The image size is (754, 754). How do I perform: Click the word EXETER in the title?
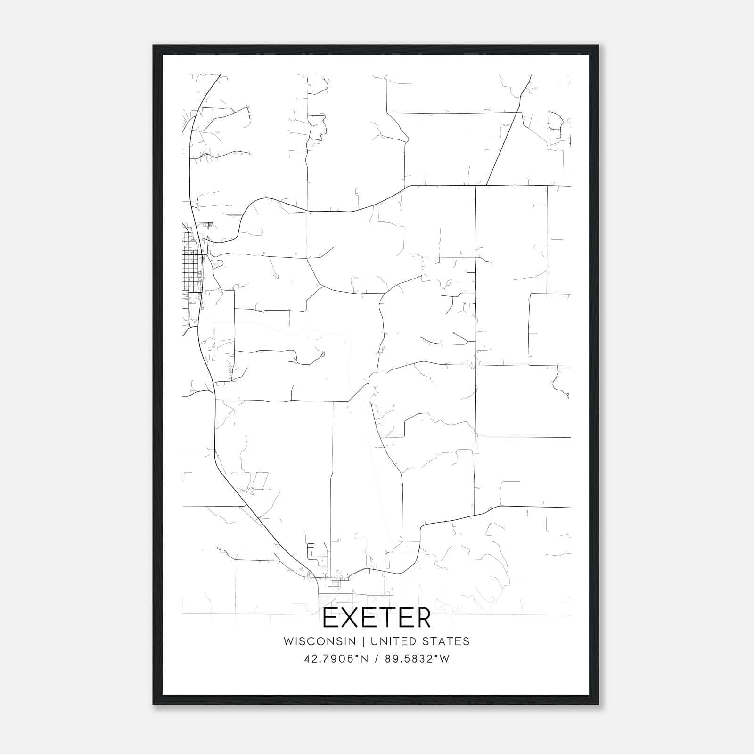pos(377,618)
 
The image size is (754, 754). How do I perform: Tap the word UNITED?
pos(393,641)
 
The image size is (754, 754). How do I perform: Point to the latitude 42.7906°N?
pos(335,659)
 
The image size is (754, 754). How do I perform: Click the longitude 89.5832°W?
pos(418,659)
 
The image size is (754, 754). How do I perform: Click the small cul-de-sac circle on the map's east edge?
pos(567,394)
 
